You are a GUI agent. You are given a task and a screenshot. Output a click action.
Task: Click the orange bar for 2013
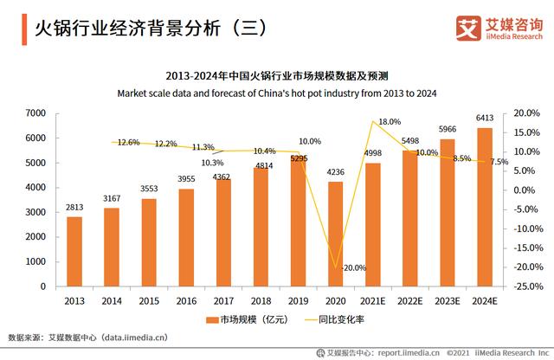(x=74, y=251)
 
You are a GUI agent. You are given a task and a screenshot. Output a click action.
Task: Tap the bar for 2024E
(x=484, y=207)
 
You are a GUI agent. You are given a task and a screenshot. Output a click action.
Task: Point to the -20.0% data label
(x=353, y=267)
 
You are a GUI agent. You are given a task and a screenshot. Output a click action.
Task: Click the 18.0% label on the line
(x=390, y=122)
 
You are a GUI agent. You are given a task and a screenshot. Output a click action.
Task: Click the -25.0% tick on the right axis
(x=529, y=286)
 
